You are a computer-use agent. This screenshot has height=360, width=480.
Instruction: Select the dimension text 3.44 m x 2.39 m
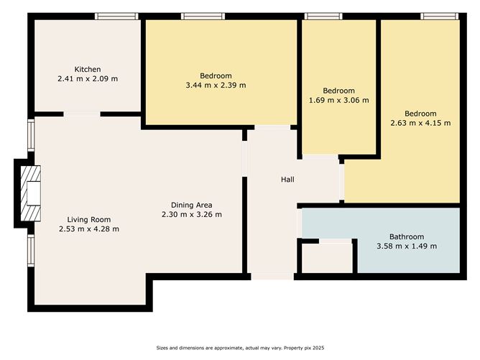pyautogui.click(x=216, y=85)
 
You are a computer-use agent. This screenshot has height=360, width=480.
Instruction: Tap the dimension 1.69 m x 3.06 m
pyautogui.click(x=338, y=100)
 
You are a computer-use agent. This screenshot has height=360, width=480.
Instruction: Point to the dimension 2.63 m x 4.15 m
pyautogui.click(x=420, y=123)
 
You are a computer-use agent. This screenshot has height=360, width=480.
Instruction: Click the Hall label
pyautogui.click(x=287, y=179)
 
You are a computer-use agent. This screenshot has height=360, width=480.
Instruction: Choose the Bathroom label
pyautogui.click(x=407, y=236)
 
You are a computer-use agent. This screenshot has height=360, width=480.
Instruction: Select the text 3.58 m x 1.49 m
pyautogui.click(x=407, y=246)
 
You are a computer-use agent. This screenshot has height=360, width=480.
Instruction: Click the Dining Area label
pyautogui.click(x=191, y=205)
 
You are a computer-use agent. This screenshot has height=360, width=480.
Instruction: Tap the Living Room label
pyautogui.click(x=89, y=220)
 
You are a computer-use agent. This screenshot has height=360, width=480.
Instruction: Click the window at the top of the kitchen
pyautogui.click(x=117, y=16)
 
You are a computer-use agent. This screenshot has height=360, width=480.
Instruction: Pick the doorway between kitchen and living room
pyautogui.click(x=81, y=114)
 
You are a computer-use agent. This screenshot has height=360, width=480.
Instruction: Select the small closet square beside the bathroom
pyautogui.click(x=327, y=257)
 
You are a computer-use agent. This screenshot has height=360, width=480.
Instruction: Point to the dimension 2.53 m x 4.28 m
pyautogui.click(x=89, y=229)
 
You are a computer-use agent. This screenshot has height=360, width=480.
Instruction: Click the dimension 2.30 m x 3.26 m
pyautogui.click(x=191, y=214)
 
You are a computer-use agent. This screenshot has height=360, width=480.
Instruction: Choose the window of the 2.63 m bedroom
pyautogui.click(x=439, y=16)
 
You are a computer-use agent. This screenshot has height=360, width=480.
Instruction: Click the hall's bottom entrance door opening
pyautogui.click(x=272, y=276)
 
